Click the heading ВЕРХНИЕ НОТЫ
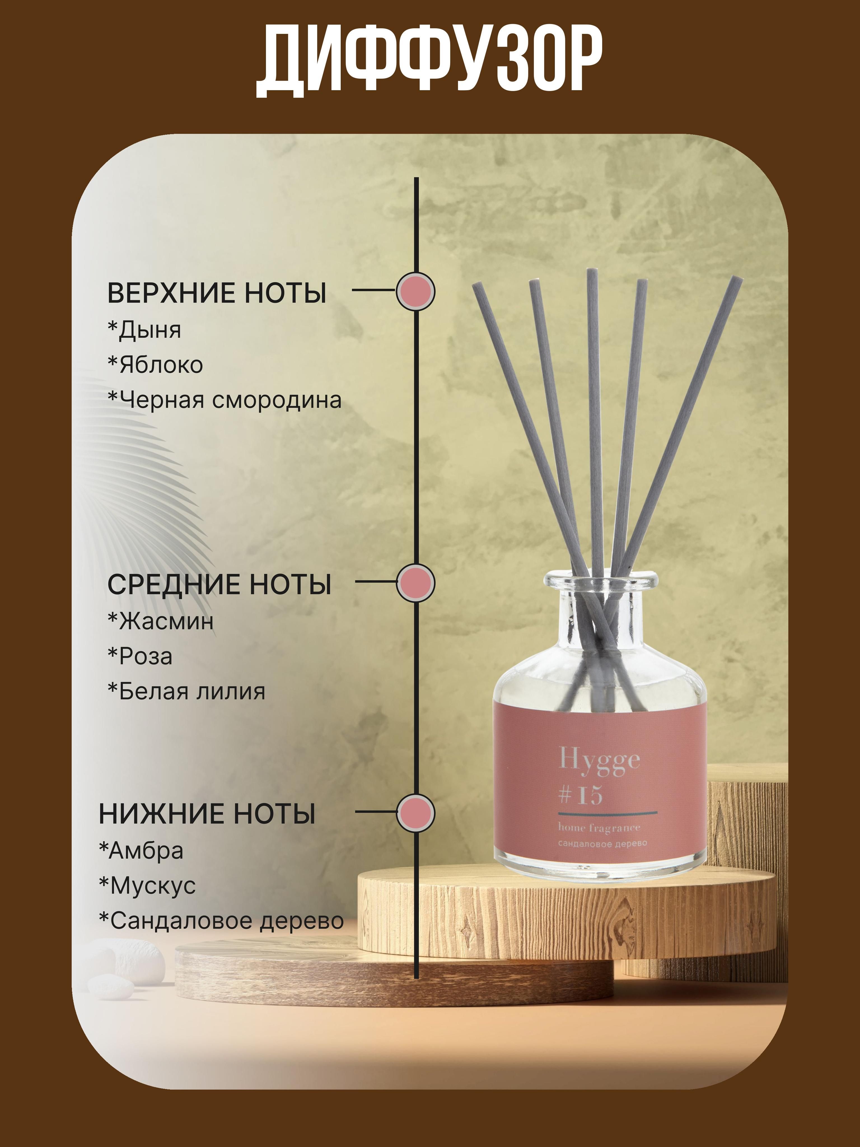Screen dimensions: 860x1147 pyautogui.click(x=217, y=293)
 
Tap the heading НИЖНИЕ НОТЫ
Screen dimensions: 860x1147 pyautogui.click(x=207, y=813)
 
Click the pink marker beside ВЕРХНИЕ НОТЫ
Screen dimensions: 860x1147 pyautogui.click(x=415, y=292)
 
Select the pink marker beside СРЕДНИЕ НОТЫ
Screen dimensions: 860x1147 pyautogui.click(x=415, y=583)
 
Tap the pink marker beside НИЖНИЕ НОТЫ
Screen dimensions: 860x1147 pyautogui.click(x=415, y=813)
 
